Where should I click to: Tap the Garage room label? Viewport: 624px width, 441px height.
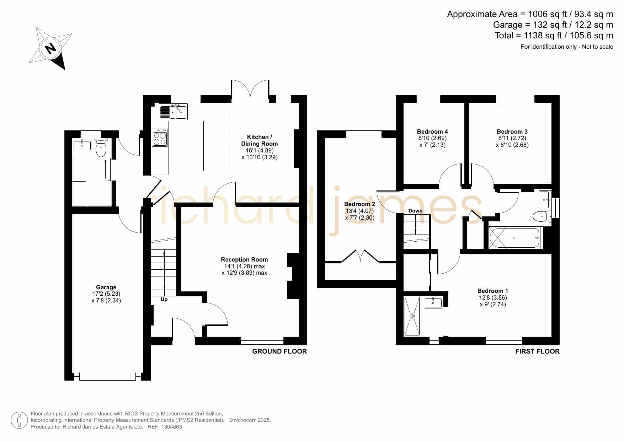(x=106, y=287)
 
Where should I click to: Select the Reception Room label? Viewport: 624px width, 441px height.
(x=244, y=259)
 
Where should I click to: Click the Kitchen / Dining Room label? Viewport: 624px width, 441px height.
(x=260, y=140)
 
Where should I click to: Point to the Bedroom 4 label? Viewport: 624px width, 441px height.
(x=432, y=131)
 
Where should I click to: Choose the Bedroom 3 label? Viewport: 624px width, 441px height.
(x=512, y=131)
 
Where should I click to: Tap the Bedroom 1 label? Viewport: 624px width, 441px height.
(x=492, y=291)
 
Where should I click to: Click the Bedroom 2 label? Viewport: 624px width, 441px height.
(x=359, y=204)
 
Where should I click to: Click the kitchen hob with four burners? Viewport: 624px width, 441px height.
(x=160, y=137)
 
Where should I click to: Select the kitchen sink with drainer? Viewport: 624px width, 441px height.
(x=173, y=111)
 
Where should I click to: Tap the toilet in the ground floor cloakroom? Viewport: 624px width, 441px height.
(x=101, y=148)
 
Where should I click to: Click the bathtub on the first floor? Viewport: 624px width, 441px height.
(x=514, y=237)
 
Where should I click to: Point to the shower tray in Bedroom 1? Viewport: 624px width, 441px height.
(x=412, y=316)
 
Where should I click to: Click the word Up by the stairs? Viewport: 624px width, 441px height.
(x=164, y=300)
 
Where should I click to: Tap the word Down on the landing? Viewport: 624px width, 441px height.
(x=415, y=211)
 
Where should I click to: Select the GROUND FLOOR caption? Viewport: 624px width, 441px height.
(x=279, y=351)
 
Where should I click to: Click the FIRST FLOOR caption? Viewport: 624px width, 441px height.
(x=538, y=351)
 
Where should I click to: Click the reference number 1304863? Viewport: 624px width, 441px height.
(x=172, y=427)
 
